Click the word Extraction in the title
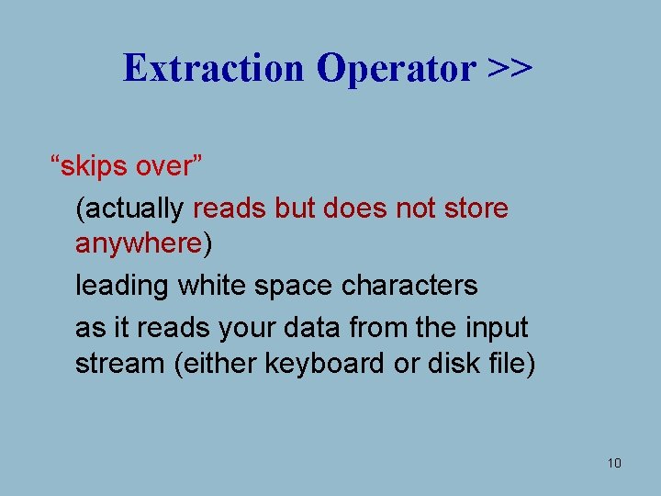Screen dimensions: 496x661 (214, 67)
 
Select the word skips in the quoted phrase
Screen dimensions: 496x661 (96, 167)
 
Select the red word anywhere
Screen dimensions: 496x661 (139, 243)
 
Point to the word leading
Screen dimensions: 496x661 (122, 286)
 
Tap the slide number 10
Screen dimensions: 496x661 (614, 463)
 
